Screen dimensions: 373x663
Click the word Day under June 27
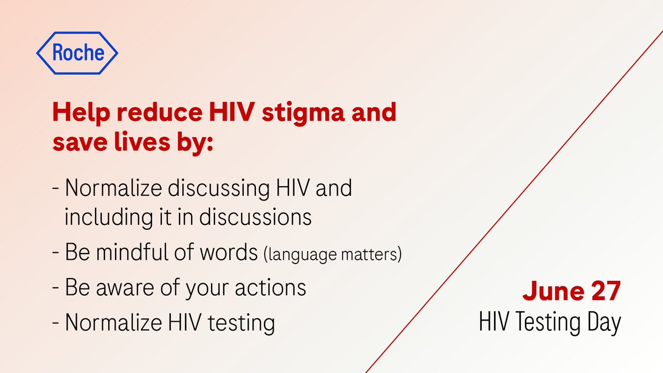(x=602, y=322)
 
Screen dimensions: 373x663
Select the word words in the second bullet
(x=227, y=254)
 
